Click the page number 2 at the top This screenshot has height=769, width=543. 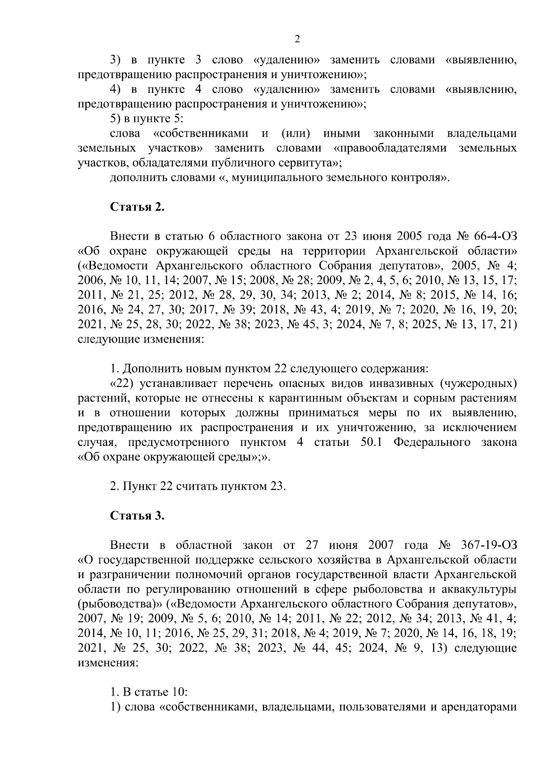(297, 39)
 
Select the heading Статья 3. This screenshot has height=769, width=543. (137, 516)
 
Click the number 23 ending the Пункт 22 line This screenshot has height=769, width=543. (277, 487)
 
